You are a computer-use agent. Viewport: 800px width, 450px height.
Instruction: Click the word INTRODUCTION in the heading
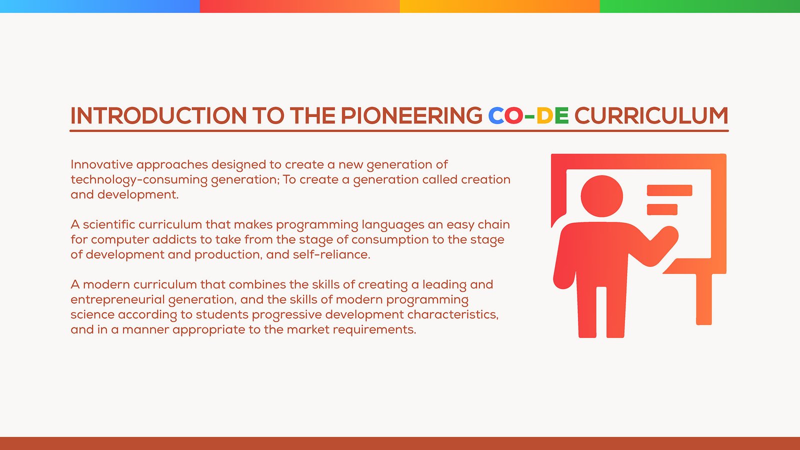click(x=158, y=115)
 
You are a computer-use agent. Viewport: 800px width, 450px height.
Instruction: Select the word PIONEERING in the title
click(x=411, y=115)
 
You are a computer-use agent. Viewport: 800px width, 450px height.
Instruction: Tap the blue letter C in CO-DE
click(x=495, y=115)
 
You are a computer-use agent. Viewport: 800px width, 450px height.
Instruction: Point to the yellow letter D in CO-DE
click(x=545, y=115)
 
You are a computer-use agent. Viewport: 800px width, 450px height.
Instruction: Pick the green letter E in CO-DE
click(x=562, y=115)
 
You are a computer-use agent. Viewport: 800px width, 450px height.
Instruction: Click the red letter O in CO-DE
click(x=514, y=115)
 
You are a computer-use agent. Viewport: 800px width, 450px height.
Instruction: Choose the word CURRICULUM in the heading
click(x=651, y=115)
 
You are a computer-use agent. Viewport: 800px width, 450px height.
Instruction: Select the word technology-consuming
click(x=139, y=180)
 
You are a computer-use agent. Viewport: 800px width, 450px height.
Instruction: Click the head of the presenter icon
click(x=602, y=196)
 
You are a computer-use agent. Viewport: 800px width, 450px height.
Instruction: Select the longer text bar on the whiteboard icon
click(x=669, y=190)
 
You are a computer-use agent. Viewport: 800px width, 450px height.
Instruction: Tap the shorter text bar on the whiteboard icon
click(x=662, y=209)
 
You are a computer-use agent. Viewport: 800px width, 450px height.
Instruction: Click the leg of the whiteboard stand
click(x=704, y=299)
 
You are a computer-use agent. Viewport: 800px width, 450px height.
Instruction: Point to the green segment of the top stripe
click(x=700, y=6)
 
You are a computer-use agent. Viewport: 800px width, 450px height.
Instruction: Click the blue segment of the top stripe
click(x=100, y=6)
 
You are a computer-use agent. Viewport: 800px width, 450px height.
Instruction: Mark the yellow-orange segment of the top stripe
click(x=500, y=6)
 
